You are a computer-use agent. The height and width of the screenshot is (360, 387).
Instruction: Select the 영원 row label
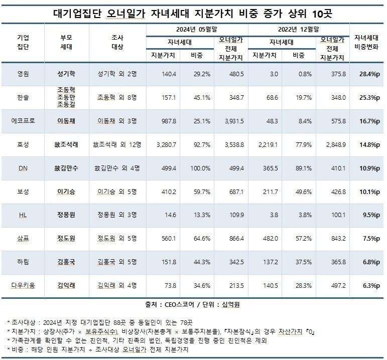[23, 73]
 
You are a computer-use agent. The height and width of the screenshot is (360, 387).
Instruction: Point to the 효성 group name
[23, 144]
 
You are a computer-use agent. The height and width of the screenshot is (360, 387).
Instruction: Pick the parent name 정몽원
[66, 215]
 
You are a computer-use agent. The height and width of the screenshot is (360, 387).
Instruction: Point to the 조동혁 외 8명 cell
[117, 97]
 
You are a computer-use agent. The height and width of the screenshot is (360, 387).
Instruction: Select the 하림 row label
[23, 262]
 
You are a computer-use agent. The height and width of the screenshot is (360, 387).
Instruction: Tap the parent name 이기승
[66, 192]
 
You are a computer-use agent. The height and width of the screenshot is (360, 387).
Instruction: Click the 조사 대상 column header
[117, 42]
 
